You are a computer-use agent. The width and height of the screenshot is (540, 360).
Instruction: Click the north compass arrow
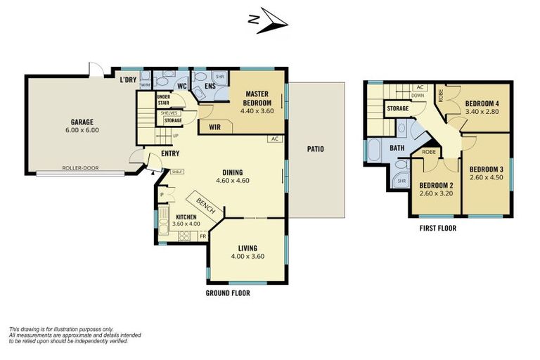point(270,22)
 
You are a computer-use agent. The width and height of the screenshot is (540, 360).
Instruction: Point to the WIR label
point(214,127)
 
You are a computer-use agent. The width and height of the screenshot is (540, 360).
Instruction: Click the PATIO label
point(315,149)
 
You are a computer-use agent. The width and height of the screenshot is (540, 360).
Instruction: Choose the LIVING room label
point(247,247)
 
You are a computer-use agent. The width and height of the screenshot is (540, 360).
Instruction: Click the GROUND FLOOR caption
point(228,292)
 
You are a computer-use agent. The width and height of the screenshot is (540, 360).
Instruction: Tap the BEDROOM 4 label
point(482,104)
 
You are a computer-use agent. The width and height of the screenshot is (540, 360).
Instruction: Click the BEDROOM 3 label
point(487,169)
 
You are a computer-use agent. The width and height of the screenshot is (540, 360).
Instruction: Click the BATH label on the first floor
point(397,148)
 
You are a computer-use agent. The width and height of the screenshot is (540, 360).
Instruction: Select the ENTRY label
point(169,154)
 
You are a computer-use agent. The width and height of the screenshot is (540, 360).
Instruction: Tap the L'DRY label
point(127,79)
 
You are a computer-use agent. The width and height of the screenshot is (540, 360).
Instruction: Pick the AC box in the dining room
point(275,139)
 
